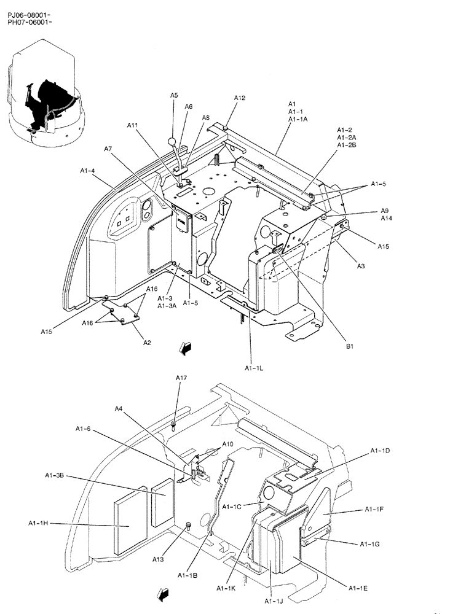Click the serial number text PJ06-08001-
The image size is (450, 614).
30,14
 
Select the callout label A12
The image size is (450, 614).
240,98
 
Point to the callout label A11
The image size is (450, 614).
133,125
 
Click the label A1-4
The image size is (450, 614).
87,170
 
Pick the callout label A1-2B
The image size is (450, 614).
346,145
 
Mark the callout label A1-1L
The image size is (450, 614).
254,368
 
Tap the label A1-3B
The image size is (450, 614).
54,475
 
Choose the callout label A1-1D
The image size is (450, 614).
379,451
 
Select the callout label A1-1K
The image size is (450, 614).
227,588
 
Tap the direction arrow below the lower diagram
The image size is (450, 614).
165,594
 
